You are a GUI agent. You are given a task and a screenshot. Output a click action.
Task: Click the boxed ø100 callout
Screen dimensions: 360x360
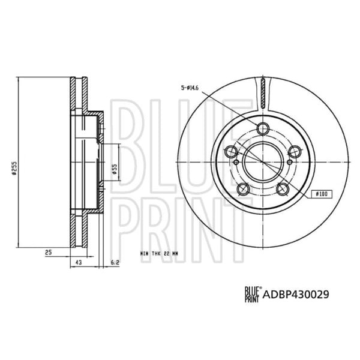(x=322, y=194)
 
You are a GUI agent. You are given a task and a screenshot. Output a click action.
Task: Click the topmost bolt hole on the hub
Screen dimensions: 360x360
(x=262, y=127)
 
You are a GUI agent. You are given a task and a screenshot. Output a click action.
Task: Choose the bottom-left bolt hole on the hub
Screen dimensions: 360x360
(x=243, y=190)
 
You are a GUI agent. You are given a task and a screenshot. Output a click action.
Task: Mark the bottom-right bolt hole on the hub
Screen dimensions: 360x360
(x=283, y=190)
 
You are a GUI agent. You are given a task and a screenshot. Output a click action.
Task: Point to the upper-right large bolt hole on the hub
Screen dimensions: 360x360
(x=295, y=152)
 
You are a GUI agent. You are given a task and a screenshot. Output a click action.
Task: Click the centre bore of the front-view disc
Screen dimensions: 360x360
(x=262, y=161)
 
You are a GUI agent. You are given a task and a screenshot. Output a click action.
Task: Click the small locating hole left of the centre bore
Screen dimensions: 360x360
(x=236, y=161)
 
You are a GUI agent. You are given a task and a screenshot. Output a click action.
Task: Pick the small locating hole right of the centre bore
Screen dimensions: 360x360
(x=289, y=161)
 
